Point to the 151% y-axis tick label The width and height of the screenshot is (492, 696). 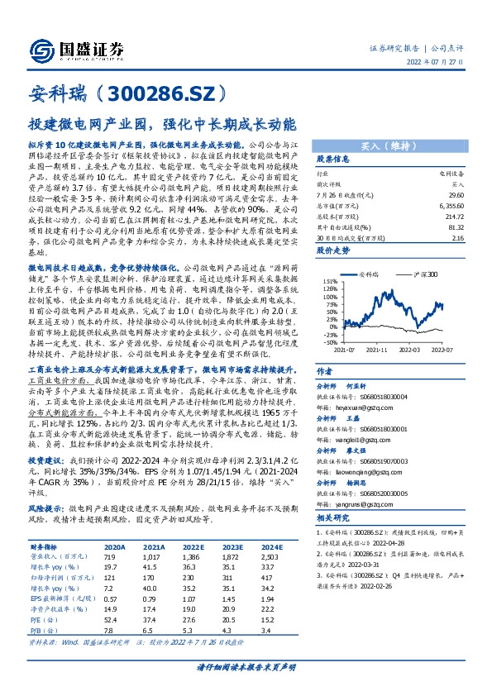[331, 281]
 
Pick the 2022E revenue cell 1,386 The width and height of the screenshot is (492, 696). [193, 559]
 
